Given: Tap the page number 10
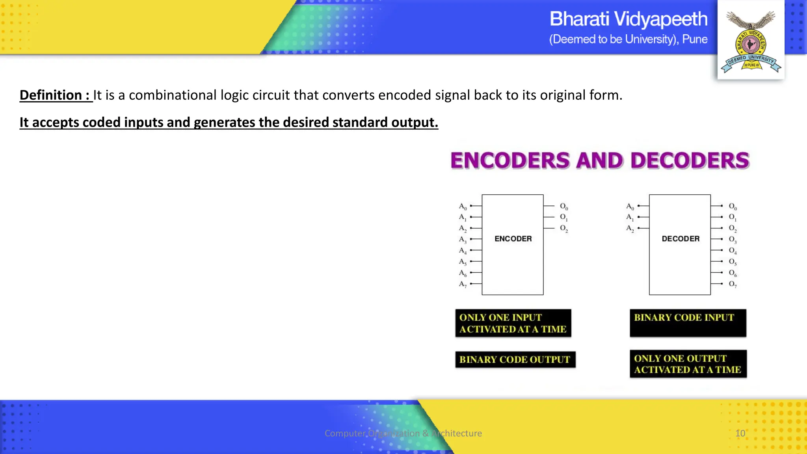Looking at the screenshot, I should click(740, 433).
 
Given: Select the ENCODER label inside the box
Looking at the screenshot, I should click(513, 239).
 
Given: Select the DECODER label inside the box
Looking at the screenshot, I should click(680, 239).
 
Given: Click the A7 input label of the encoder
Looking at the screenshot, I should click(463, 284).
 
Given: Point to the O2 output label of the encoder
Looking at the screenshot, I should click(564, 228).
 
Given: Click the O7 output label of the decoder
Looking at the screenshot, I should click(732, 284).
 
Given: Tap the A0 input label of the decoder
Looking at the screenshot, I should click(630, 206).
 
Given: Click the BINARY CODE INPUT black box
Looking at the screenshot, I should click(688, 323).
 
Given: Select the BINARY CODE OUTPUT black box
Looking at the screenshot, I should click(515, 359).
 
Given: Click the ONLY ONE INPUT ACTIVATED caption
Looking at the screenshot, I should click(513, 323).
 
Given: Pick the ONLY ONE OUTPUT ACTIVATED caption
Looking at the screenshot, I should click(688, 364).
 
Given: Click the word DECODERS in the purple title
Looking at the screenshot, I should click(690, 161).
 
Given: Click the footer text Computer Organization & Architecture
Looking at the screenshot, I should click(403, 433).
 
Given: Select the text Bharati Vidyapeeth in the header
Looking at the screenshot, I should click(628, 19).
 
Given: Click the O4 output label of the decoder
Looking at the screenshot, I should click(732, 250).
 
